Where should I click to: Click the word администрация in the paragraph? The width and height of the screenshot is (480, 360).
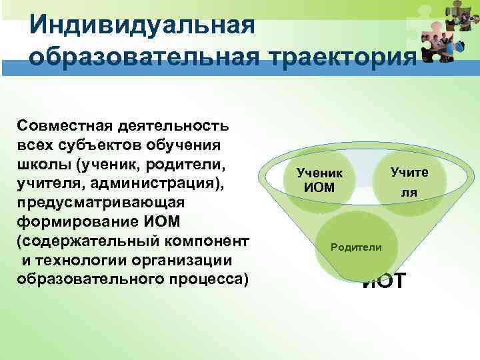pyautogui.click(x=158, y=182)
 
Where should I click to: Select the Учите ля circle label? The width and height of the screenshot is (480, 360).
pyautogui.click(x=409, y=181)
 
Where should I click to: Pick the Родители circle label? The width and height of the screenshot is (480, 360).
pyautogui.click(x=357, y=247)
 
